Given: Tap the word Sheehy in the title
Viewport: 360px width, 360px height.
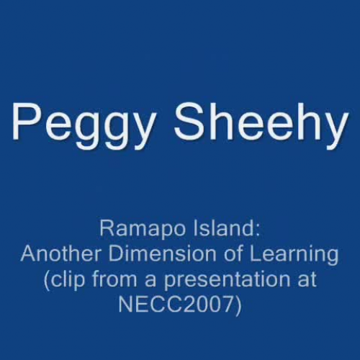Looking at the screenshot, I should [261, 124].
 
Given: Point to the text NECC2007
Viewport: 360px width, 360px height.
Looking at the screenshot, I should [173, 302].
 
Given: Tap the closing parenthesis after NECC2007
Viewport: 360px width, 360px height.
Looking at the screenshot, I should [240, 303].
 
